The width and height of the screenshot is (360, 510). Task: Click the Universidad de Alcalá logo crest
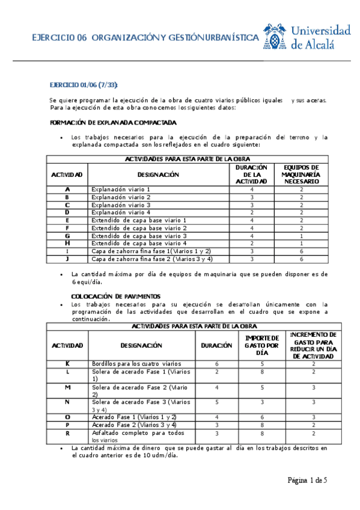275,37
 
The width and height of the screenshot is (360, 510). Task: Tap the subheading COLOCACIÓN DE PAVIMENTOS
116,296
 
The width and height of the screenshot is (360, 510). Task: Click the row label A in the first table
67,189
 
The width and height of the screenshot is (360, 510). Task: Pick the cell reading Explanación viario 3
120,205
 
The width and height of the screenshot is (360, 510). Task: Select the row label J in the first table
67,259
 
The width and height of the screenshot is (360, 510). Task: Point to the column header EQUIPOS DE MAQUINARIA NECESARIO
302,174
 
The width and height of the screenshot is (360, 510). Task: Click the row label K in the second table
67,364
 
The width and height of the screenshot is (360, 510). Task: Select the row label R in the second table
67,433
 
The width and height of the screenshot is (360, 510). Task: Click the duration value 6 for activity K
216,364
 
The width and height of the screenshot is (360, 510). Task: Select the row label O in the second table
67,417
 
